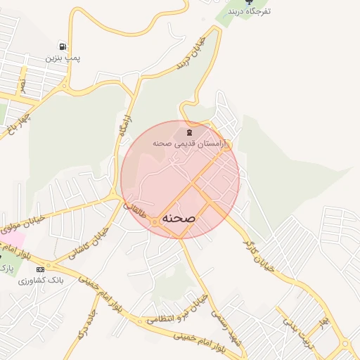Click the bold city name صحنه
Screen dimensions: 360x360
179,219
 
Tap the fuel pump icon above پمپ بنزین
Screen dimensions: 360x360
63,46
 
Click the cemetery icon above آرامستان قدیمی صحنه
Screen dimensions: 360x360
188,131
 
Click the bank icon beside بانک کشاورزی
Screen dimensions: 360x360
40,269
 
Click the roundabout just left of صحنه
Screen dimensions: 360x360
153,222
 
